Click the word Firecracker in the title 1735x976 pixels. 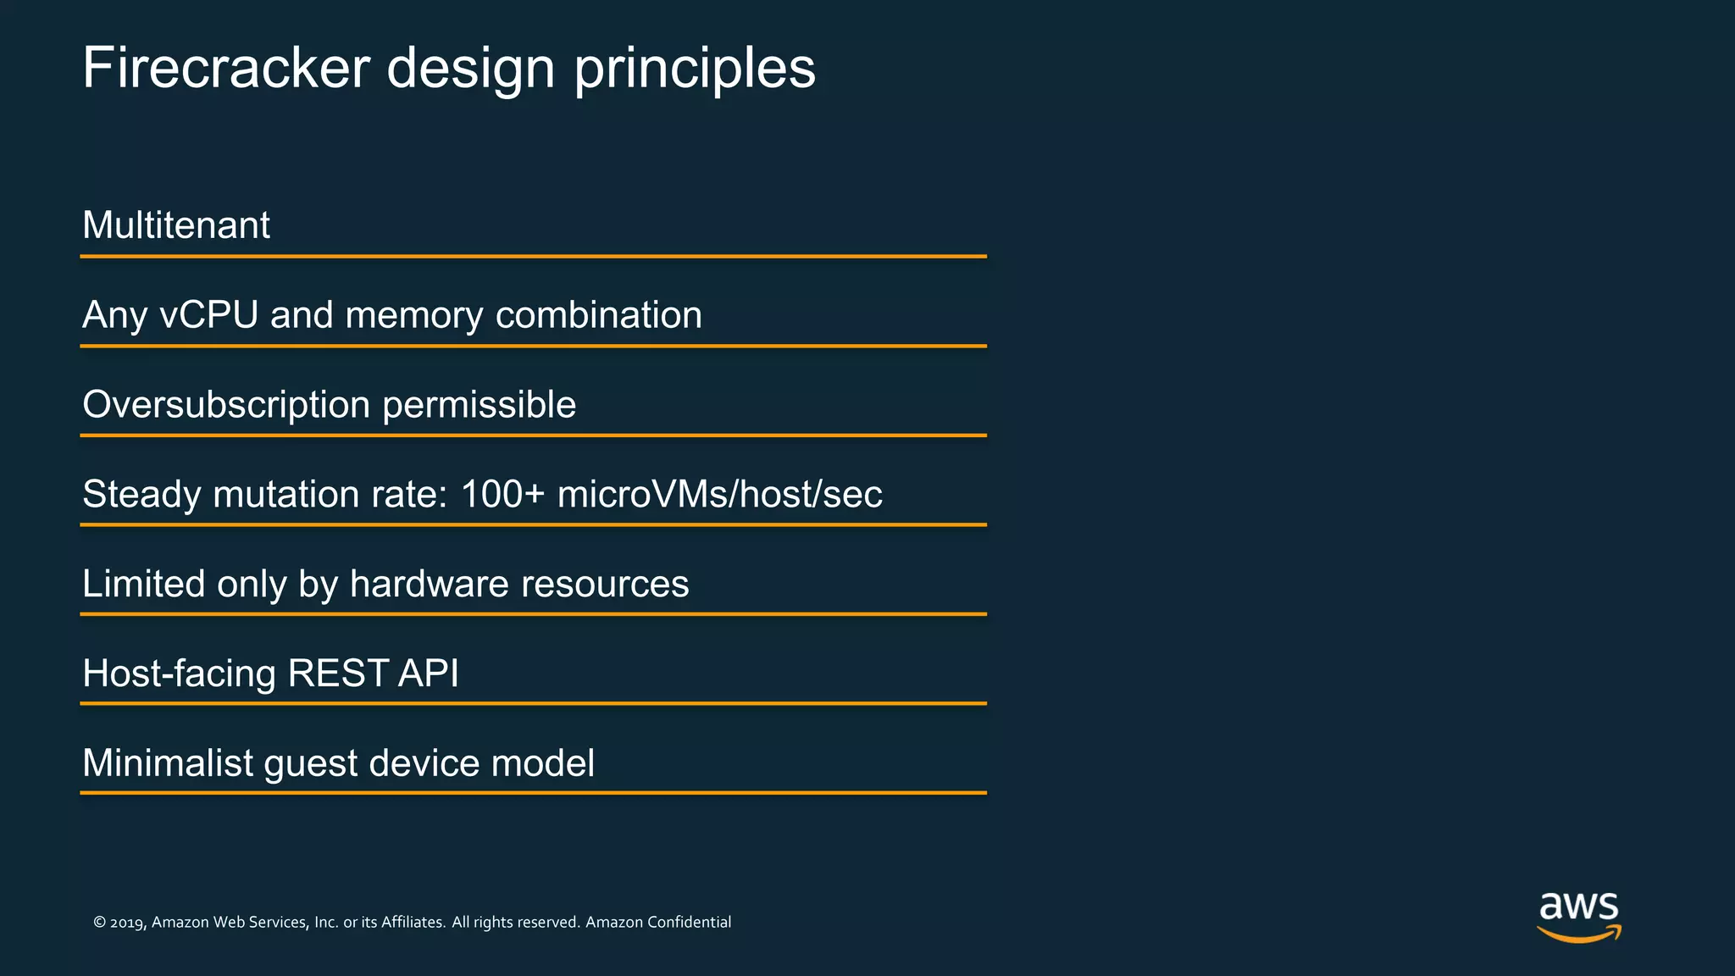coord(226,68)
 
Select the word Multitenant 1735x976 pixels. coord(176,225)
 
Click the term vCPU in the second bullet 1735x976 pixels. coord(208,315)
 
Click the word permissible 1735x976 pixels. coord(479,405)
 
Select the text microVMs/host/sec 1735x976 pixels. coord(719,494)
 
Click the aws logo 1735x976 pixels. coord(1578,916)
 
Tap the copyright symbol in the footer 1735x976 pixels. coord(99,923)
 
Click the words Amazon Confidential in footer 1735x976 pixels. coord(658,922)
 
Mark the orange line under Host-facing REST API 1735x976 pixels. coord(533,703)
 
